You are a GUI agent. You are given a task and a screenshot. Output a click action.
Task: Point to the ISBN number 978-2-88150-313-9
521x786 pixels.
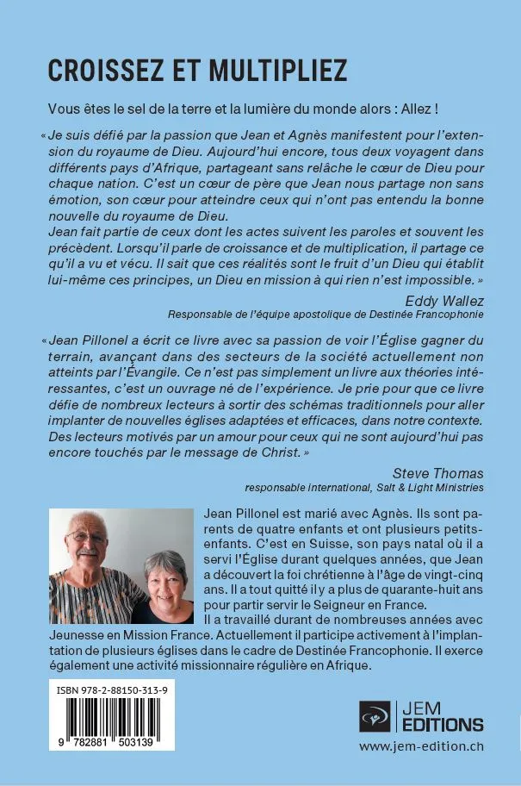coord(112,691)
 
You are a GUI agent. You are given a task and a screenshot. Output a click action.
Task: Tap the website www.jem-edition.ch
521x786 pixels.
coord(421,746)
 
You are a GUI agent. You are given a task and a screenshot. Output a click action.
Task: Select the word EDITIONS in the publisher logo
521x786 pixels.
coord(442,724)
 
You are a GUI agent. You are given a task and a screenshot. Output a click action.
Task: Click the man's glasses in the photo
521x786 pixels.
coord(87,536)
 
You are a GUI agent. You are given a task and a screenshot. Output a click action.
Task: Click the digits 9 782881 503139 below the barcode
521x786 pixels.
coord(112,741)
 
